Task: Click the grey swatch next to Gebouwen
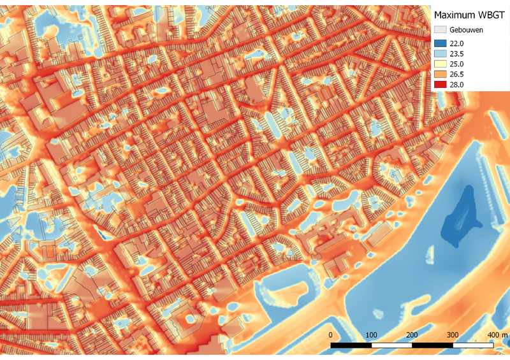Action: (440, 30)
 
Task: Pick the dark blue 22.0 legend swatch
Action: (440, 43)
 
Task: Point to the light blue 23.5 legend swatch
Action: (440, 54)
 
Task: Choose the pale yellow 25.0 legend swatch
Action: (440, 64)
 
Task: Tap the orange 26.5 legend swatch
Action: (440, 74)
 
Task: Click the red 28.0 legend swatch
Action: (440, 84)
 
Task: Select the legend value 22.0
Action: (457, 43)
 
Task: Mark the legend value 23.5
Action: (457, 54)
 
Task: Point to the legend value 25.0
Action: (457, 64)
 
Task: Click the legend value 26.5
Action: (457, 74)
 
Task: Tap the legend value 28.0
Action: (457, 84)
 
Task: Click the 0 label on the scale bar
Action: (331, 335)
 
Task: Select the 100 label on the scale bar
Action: (372, 335)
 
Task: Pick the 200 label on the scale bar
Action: (412, 335)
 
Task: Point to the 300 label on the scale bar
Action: (453, 335)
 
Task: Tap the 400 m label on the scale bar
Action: (497, 335)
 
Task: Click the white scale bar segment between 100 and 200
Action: (392, 345)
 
